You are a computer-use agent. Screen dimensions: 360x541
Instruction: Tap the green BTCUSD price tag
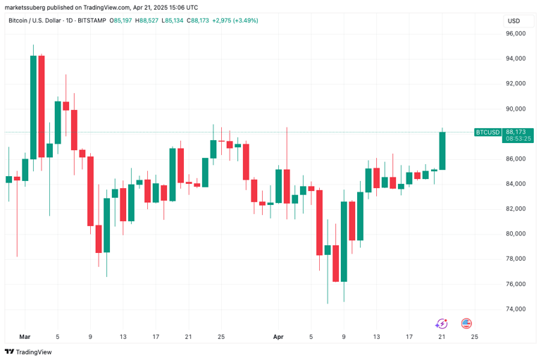coord(487,132)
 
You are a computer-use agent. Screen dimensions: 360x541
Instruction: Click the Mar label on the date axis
coord(25,337)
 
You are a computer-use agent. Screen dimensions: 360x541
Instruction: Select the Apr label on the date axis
coord(278,337)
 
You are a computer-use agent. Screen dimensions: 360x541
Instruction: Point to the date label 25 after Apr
coord(474,337)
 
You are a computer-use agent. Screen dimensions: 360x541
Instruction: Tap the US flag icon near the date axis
coord(466,323)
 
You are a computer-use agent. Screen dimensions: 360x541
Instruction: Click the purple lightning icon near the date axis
coord(442,323)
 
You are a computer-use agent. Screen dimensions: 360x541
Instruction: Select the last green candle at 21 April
coord(442,151)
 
